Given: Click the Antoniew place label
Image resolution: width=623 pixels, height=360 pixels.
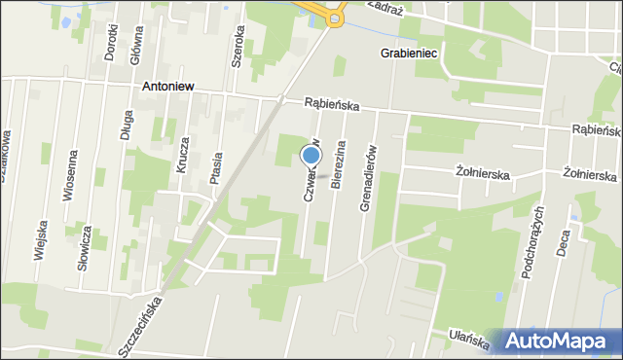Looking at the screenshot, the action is coord(168,86).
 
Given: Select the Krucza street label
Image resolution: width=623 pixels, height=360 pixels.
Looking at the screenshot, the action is coord(182,155).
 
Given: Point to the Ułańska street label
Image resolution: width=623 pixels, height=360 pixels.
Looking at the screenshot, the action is coord(469,337).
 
